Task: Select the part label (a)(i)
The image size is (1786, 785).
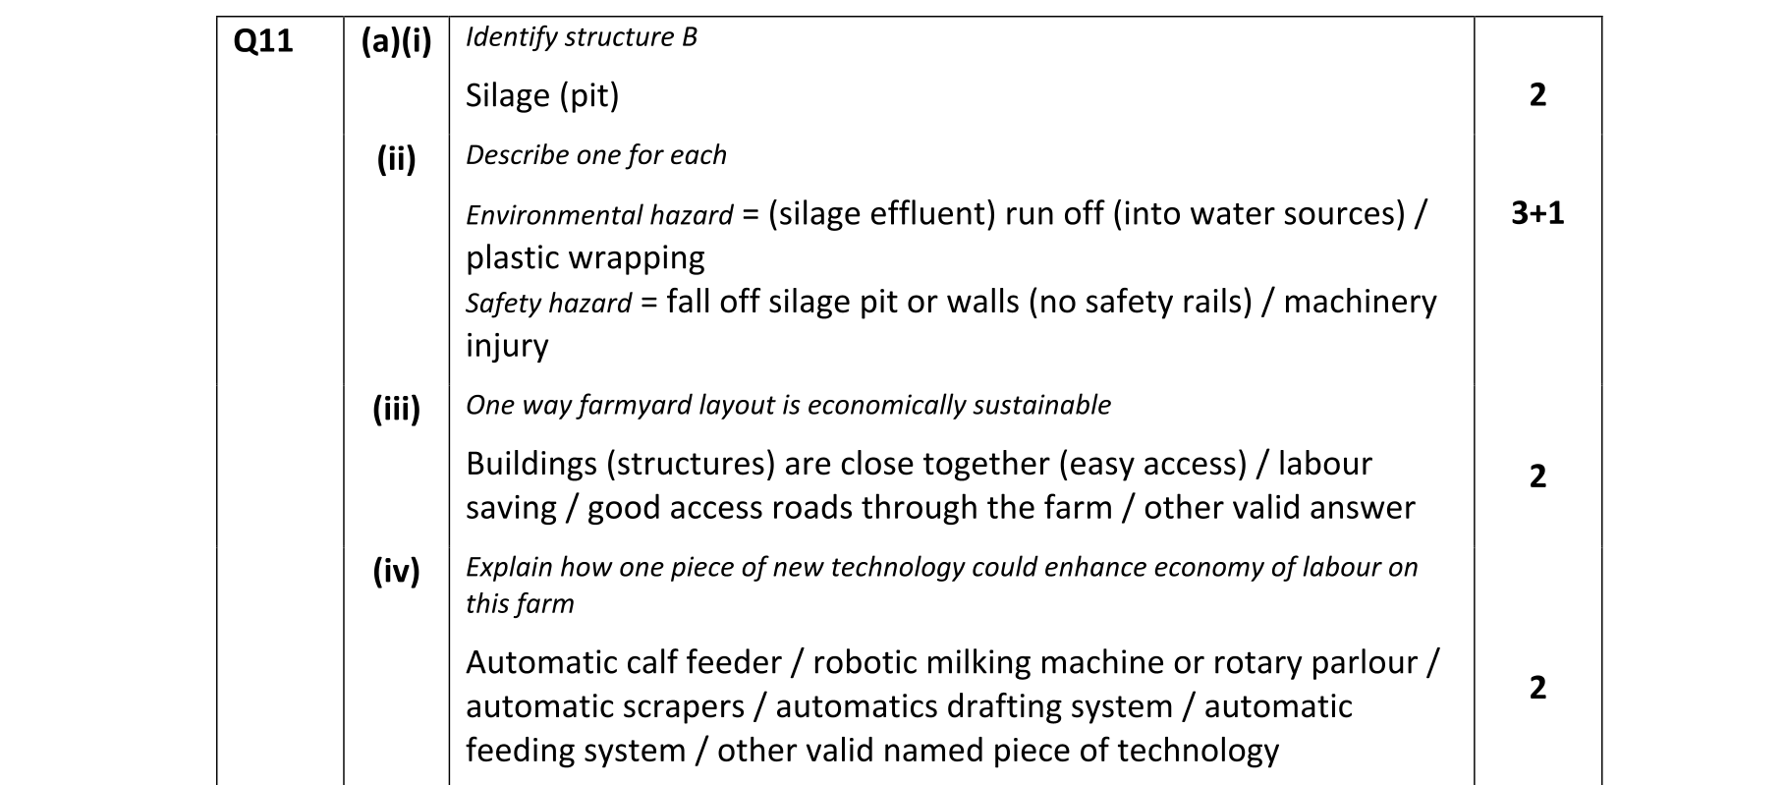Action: click(396, 42)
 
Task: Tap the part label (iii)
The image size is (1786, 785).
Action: click(396, 408)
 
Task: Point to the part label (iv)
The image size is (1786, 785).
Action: click(396, 570)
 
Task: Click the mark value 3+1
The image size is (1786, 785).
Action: click(1537, 213)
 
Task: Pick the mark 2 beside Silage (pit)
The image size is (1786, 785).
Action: click(1537, 95)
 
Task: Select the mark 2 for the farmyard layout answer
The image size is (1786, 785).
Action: click(1537, 477)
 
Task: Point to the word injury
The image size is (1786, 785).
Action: click(507, 346)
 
